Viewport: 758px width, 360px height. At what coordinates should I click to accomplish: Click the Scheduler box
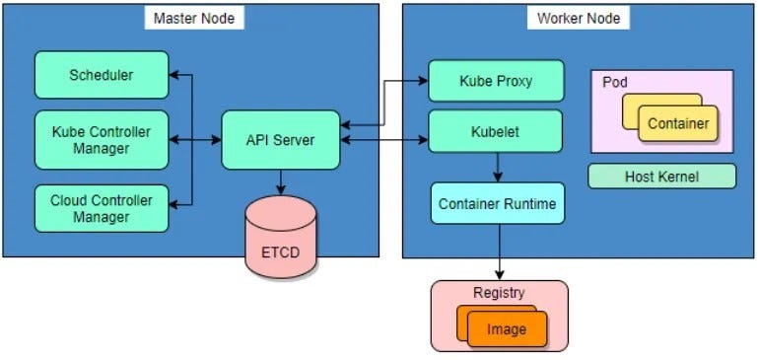(x=101, y=75)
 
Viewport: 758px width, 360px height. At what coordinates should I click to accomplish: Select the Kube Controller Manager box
(x=101, y=139)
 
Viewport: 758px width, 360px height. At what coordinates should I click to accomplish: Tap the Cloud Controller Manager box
(x=101, y=207)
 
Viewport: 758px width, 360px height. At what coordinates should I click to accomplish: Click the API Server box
(x=280, y=140)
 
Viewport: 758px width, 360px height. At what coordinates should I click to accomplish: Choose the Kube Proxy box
(x=496, y=80)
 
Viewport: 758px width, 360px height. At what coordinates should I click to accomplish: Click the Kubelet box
(x=496, y=129)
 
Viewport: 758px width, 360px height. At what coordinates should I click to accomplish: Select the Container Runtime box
(x=498, y=203)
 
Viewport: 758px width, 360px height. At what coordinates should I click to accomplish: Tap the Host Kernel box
(x=661, y=177)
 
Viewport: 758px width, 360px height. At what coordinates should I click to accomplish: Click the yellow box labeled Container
(x=677, y=124)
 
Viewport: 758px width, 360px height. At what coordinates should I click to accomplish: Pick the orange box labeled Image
(x=507, y=329)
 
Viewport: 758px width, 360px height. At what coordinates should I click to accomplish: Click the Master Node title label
(x=193, y=18)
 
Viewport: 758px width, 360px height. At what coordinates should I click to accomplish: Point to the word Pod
(x=614, y=82)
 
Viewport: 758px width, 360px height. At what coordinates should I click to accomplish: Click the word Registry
(x=499, y=293)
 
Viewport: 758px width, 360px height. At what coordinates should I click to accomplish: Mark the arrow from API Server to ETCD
(x=281, y=181)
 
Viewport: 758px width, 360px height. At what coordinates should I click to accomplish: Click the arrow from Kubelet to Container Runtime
(x=498, y=167)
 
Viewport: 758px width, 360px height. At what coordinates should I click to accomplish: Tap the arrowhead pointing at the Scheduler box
(x=174, y=75)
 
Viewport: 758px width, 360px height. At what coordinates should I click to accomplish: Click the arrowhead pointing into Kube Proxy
(x=423, y=81)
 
